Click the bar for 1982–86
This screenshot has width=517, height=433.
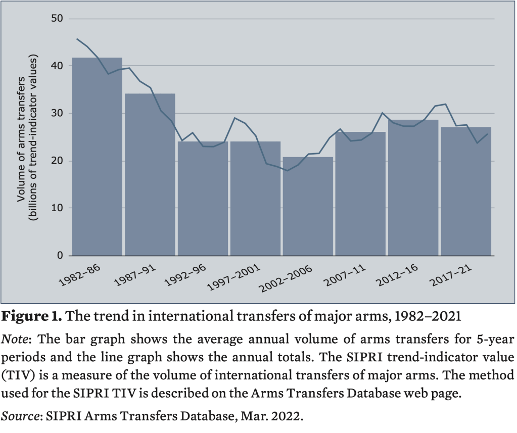tap(97, 157)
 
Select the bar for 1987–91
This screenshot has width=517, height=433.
tap(150, 174)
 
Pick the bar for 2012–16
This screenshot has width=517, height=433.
tap(413, 187)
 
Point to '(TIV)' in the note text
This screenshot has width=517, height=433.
tap(19, 376)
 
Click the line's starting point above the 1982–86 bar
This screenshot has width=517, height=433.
tap(77, 38)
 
